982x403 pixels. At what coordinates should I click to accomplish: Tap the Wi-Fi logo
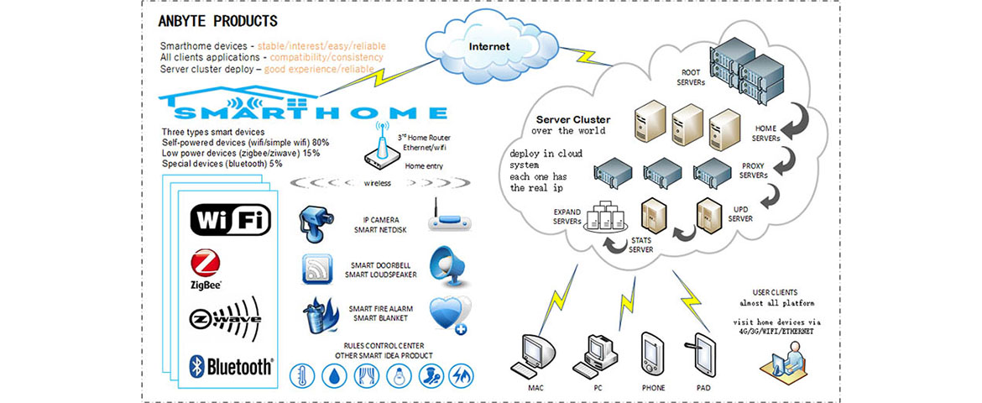231,220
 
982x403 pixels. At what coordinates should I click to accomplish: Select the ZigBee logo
206,270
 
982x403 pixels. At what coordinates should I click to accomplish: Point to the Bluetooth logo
230,365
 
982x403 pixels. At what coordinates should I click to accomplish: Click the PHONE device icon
653,355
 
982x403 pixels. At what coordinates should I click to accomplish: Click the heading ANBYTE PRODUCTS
217,20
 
